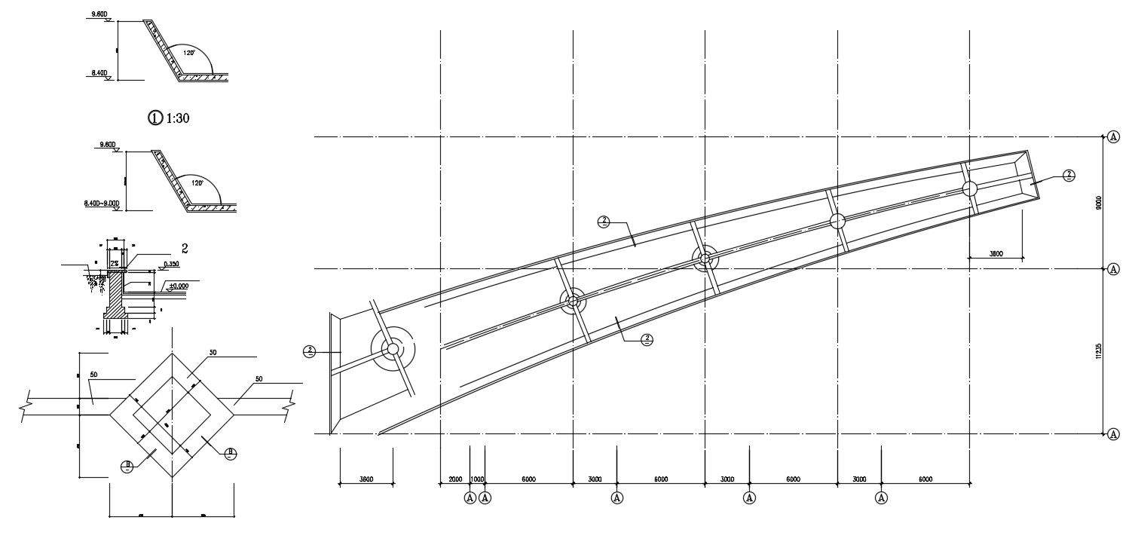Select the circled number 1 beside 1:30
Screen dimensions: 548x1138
tap(155, 118)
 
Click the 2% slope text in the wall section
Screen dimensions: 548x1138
tap(114, 263)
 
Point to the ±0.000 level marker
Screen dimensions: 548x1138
tap(178, 286)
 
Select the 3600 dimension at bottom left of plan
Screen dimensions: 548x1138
tap(366, 479)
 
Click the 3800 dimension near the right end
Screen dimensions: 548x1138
tap(996, 254)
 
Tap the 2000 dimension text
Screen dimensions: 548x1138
tap(455, 479)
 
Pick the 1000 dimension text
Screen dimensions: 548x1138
tap(477, 479)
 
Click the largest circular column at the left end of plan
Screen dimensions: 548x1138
tap(391, 349)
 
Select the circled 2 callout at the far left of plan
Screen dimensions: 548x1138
tap(309, 351)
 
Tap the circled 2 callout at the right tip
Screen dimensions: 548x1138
tap(1068, 175)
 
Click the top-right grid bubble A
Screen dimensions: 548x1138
tap(1114, 137)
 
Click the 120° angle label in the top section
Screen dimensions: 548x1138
tap(188, 53)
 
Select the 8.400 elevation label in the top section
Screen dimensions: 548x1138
tap(99, 73)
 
